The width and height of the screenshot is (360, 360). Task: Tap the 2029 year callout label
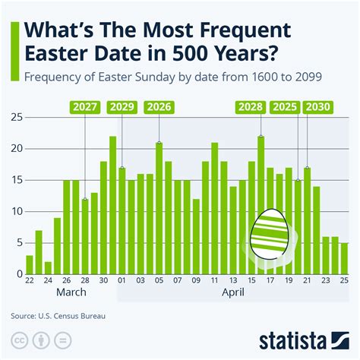[122, 108]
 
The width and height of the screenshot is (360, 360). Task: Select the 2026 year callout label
[159, 108]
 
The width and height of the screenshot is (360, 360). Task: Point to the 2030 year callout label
[317, 108]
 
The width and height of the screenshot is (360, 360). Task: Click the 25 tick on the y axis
[14, 118]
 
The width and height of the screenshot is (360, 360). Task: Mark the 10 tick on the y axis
[14, 211]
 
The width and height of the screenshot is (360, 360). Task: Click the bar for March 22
[30, 264]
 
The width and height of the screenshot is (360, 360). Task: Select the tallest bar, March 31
[112, 205]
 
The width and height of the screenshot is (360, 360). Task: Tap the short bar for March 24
[48, 267]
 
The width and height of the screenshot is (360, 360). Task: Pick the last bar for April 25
[344, 258]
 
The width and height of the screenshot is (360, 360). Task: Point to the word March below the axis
[70, 291]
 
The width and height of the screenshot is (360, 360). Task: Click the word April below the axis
[233, 291]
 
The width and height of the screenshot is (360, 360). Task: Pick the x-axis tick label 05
[159, 279]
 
